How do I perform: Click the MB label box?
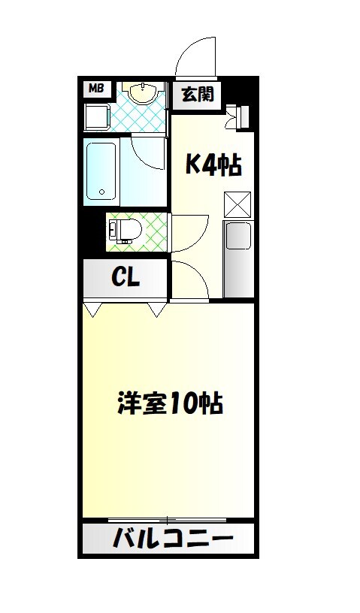pos(96,89)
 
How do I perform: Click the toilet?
pos(129,231)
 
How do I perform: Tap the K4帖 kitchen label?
pos(213,165)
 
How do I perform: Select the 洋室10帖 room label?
pos(169,404)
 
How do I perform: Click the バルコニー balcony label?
pos(173,539)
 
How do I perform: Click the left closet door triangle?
pos(92,309)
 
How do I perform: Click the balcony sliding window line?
pos(168,520)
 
